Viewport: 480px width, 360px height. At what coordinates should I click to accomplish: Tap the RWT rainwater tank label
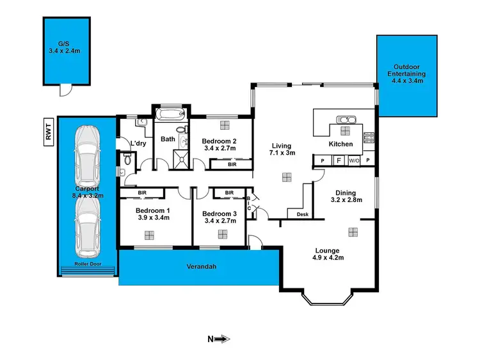click(x=49, y=132)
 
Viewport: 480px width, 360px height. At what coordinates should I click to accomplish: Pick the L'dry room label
click(x=139, y=143)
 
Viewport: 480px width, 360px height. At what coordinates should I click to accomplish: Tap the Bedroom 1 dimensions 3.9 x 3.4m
click(x=154, y=217)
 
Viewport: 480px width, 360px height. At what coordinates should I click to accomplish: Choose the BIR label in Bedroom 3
click(x=228, y=192)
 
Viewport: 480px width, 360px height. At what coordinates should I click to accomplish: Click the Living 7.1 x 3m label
click(x=282, y=149)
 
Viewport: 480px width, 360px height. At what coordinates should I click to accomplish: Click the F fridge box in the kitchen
click(x=338, y=161)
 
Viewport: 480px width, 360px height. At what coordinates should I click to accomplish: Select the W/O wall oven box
click(x=353, y=161)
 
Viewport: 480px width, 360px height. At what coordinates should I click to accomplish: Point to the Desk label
click(x=303, y=214)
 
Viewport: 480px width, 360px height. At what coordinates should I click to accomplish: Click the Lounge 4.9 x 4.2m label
click(x=328, y=254)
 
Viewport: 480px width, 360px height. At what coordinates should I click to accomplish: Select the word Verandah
click(x=200, y=266)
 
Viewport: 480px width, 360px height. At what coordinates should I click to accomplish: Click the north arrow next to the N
click(x=222, y=340)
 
